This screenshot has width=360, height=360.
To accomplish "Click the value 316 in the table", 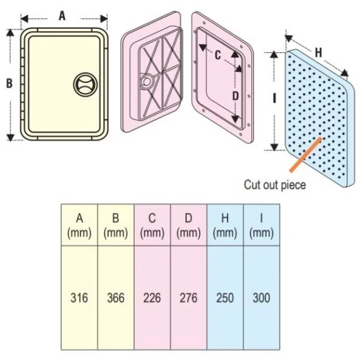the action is coord(79,298).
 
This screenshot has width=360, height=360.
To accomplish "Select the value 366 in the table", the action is coord(116,298).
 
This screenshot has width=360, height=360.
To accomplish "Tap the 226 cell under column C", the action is coord(152,298).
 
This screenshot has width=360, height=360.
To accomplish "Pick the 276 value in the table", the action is coord(188,298).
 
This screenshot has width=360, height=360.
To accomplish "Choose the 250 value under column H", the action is coord(225,298).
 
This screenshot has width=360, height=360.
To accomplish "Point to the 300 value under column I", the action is coord(261,298).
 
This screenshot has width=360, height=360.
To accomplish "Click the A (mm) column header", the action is coord(79,226).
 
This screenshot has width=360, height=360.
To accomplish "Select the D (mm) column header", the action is coord(188,226).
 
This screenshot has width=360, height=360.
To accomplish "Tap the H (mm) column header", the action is coord(225,226).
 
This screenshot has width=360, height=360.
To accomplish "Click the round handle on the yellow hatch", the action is coord(85,84).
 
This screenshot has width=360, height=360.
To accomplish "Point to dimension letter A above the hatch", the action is coord(62,16).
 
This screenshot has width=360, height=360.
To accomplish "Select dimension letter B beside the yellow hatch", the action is coord(9,83).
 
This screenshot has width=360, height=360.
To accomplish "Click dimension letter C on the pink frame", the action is coord(218,55).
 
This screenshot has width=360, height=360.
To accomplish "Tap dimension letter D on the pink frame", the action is coord(236,96).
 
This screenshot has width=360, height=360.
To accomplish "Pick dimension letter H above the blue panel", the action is coord(319,53).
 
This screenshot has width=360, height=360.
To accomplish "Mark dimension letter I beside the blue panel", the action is coord(274,98).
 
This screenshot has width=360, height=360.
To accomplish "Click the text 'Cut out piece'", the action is coord(275,185).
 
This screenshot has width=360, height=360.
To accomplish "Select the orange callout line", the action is coord(305,155).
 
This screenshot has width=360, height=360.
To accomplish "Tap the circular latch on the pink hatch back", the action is coord(146,81).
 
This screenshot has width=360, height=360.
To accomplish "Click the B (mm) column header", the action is coord(116,226).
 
